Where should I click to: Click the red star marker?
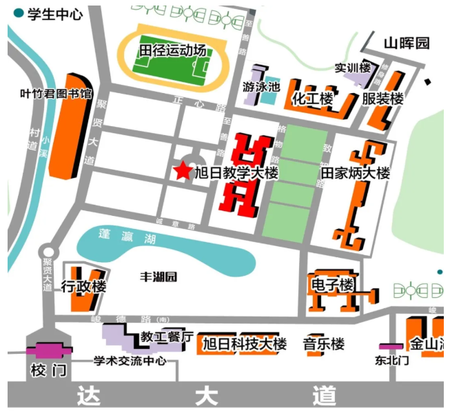(183, 170)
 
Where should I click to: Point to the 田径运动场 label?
(172, 51)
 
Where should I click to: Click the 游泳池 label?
(261, 87)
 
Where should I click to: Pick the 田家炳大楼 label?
(356, 173)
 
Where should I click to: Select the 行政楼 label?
(83, 287)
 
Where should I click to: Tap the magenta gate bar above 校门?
(48, 350)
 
